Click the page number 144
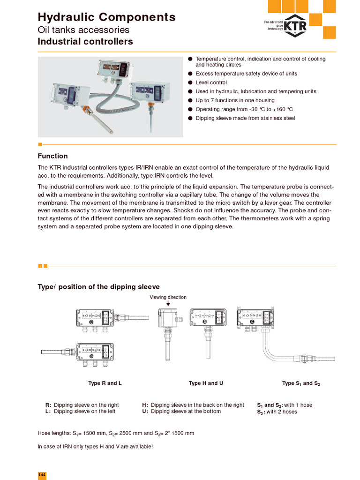click(42, 475)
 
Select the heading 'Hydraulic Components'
click(106, 17)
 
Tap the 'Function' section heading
click(52, 156)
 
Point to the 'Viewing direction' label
click(168, 297)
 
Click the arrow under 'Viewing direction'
click(168, 304)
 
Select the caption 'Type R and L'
click(105, 383)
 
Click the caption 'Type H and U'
click(206, 383)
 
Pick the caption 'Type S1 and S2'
click(301, 383)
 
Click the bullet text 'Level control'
click(211, 82)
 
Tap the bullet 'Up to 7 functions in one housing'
click(235, 100)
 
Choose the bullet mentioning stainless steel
click(245, 118)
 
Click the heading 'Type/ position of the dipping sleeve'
click(98, 287)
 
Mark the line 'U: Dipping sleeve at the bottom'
click(181, 412)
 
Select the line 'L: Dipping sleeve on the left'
click(80, 412)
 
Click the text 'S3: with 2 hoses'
click(277, 412)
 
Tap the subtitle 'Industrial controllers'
click(85, 42)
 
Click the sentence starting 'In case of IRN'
click(95, 446)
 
